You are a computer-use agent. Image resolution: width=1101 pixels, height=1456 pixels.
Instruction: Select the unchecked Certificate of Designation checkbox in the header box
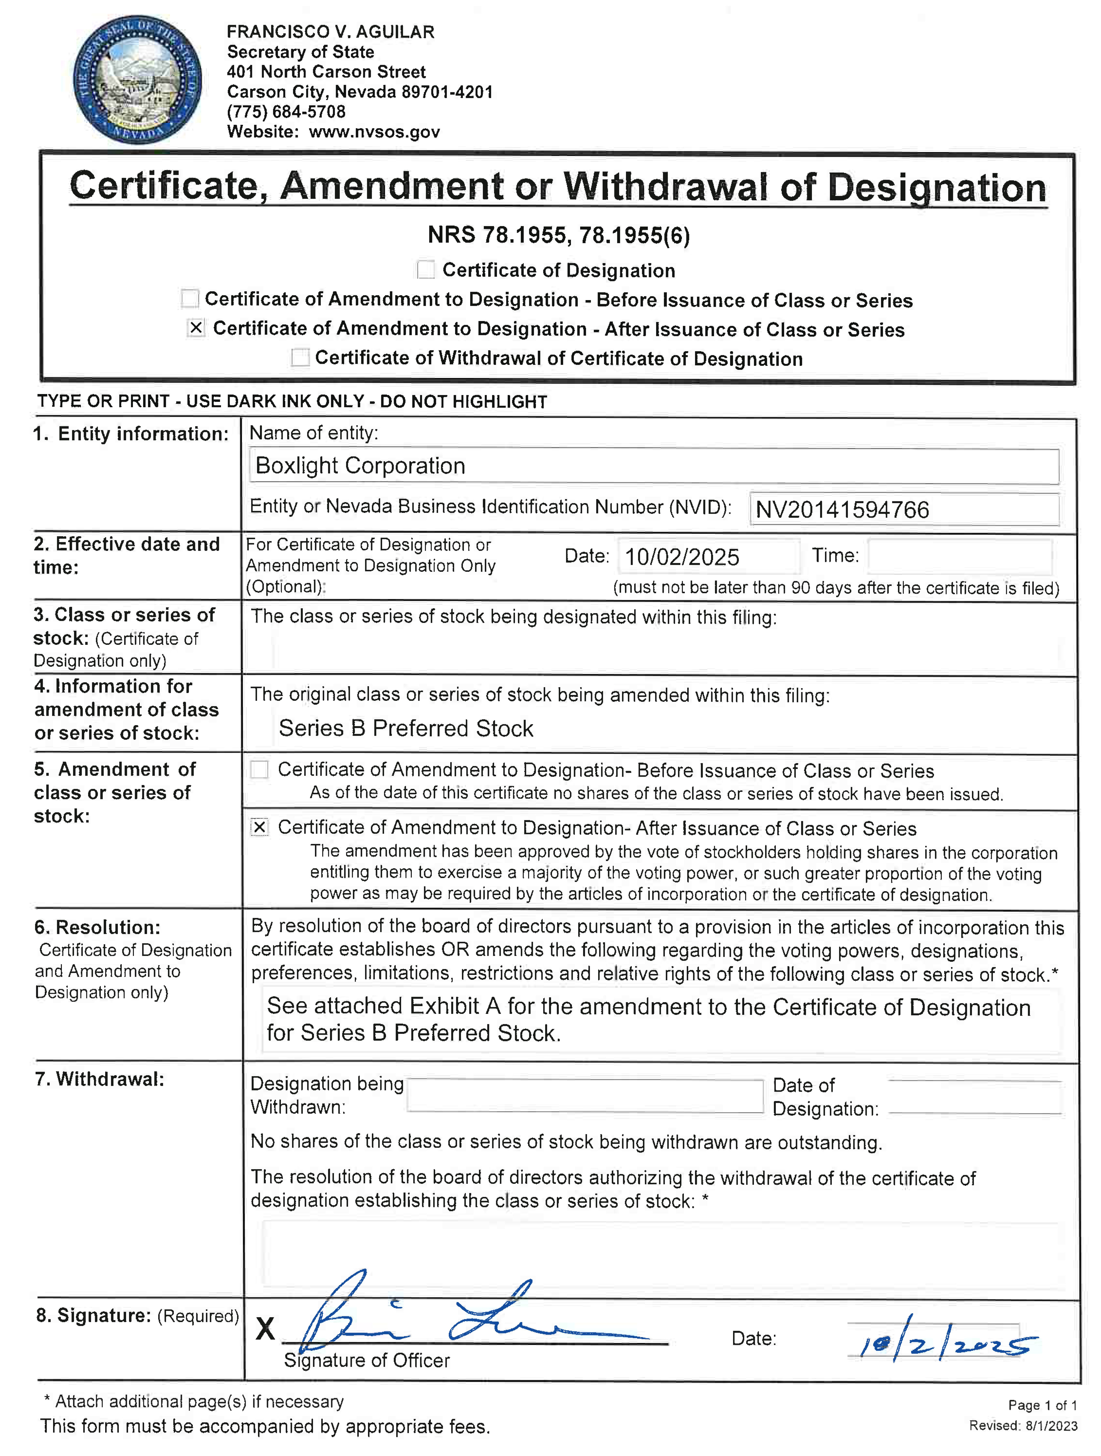pyautogui.click(x=426, y=270)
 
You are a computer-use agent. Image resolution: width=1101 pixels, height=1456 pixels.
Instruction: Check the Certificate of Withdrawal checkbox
pyautogui.click(x=300, y=358)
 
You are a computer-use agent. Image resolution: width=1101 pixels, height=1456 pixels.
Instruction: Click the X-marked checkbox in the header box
pyautogui.click(x=196, y=328)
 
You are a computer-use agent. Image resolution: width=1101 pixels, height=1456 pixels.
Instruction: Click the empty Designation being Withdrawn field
pyautogui.click(x=584, y=1096)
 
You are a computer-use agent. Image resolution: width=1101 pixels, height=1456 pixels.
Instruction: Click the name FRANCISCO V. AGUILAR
pyautogui.click(x=330, y=32)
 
